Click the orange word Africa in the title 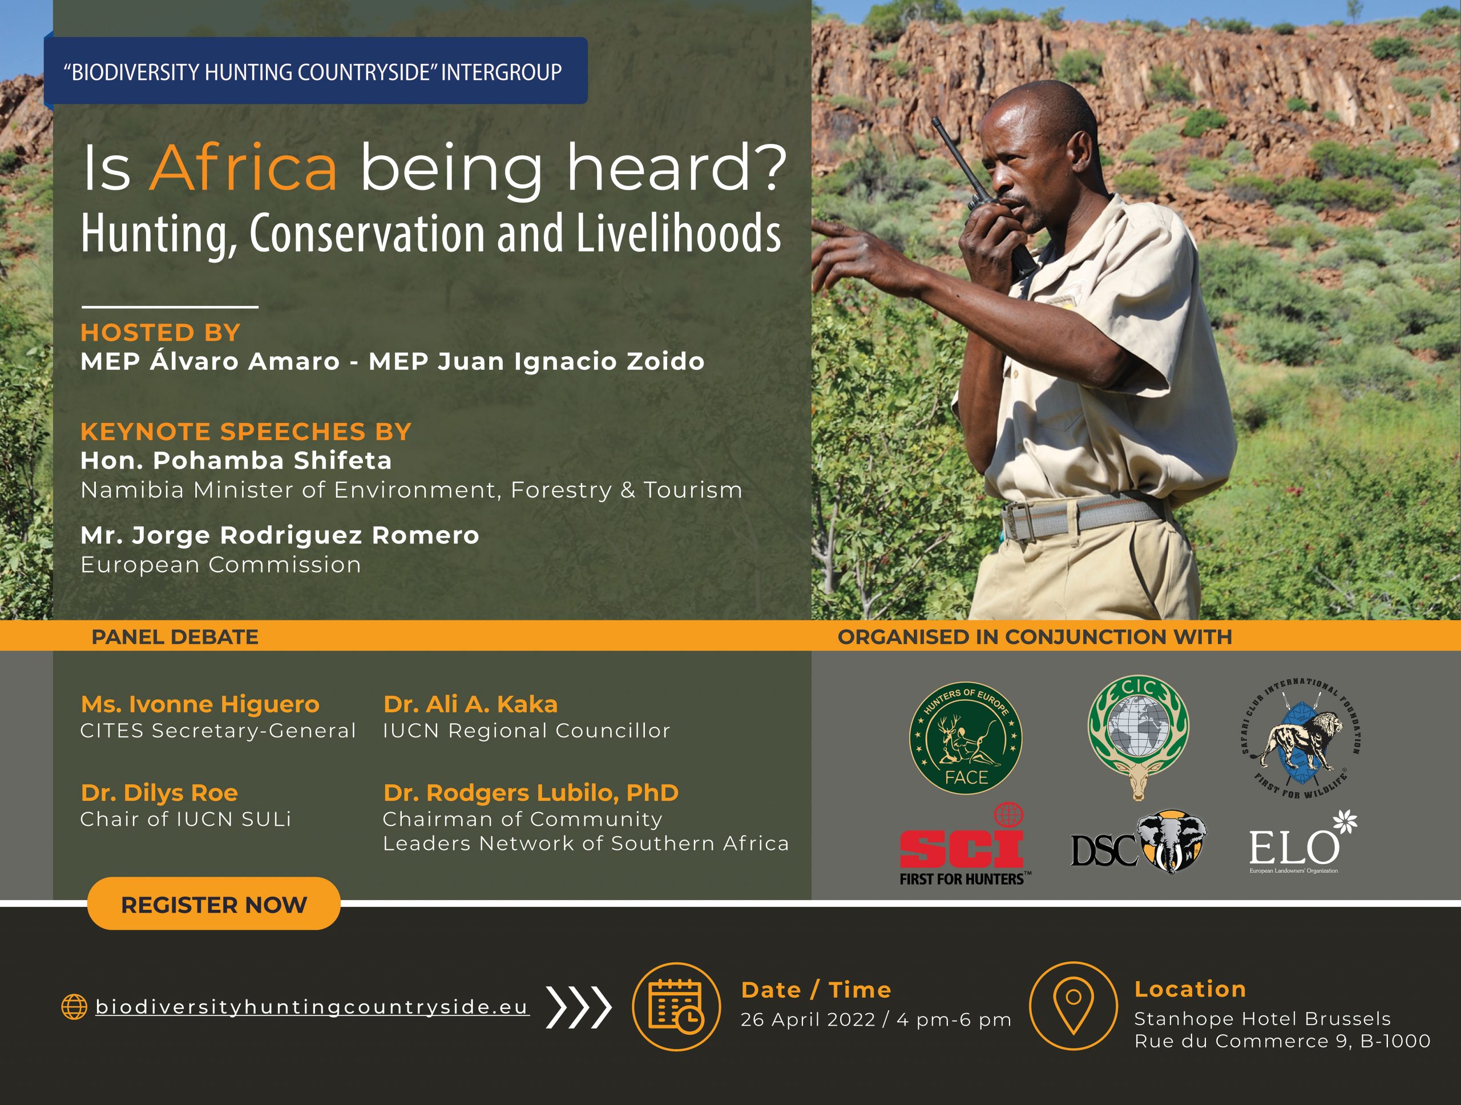pyautogui.click(x=244, y=167)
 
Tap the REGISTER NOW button pyautogui.click(x=214, y=904)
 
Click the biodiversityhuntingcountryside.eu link pyautogui.click(x=312, y=1007)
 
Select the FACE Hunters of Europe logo pyautogui.click(x=966, y=738)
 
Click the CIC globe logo pyautogui.click(x=1138, y=736)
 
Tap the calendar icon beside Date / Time pyautogui.click(x=676, y=1006)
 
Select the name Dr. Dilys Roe pyautogui.click(x=159, y=793)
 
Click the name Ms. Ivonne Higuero pyautogui.click(x=200, y=704)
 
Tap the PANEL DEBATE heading pyautogui.click(x=175, y=637)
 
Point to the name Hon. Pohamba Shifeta pyautogui.click(x=236, y=461)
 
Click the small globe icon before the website pyautogui.click(x=74, y=1007)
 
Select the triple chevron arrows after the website pyautogui.click(x=579, y=1007)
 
